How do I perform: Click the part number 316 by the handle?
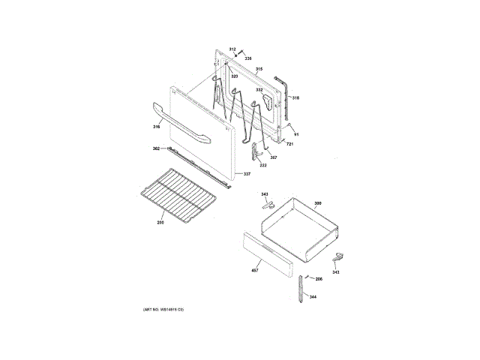157,127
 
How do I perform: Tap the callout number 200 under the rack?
160,222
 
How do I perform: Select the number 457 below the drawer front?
255,269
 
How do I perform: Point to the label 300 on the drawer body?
317,204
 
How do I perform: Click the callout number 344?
313,297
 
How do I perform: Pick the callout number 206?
318,279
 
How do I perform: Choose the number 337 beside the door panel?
246,175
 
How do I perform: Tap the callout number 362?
156,148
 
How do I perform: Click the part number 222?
263,165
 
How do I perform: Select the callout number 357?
273,157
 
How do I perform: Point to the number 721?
289,143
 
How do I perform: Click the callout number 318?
295,98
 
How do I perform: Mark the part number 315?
259,70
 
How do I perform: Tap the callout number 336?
248,58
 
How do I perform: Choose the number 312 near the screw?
232,49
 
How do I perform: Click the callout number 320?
234,76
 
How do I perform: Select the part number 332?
259,90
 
